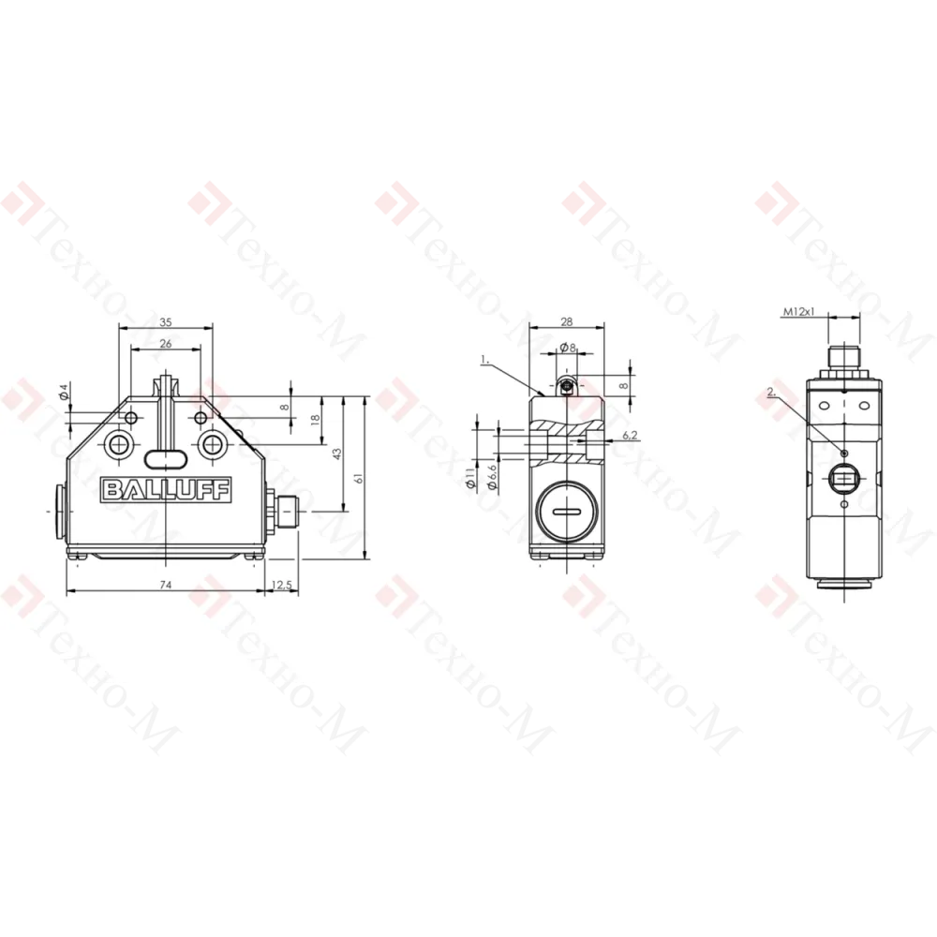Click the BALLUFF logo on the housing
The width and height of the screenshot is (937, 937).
[x=166, y=490]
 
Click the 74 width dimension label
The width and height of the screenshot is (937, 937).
[x=166, y=585]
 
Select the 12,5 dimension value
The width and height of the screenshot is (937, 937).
[x=281, y=585]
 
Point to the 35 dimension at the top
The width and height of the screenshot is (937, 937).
[x=166, y=322]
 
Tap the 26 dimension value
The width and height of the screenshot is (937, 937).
[x=166, y=344]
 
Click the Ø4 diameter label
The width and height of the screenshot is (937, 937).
[x=65, y=393]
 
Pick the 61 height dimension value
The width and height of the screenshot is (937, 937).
[x=359, y=479]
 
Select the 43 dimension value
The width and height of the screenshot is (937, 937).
[x=337, y=454]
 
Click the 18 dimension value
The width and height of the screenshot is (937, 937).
[x=316, y=420]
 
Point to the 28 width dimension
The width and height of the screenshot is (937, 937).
[x=567, y=322]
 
